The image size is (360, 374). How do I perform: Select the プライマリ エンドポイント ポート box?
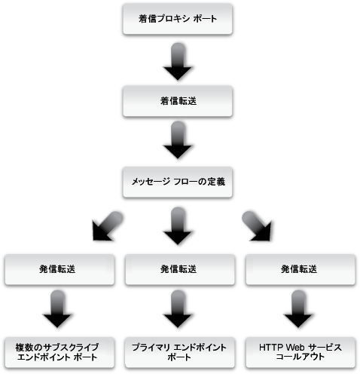point(179,351)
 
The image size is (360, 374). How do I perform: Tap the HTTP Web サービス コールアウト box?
point(301,351)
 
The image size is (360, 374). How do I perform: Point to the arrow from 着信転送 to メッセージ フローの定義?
point(179,141)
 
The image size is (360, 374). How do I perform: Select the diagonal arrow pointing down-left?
point(105,224)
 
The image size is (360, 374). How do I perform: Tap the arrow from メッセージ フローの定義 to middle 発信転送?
point(179,225)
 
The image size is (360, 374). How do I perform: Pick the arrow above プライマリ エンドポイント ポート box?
point(179,310)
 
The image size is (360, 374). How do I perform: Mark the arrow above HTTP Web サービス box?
point(301,310)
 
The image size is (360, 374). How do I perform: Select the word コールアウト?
point(301,357)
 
